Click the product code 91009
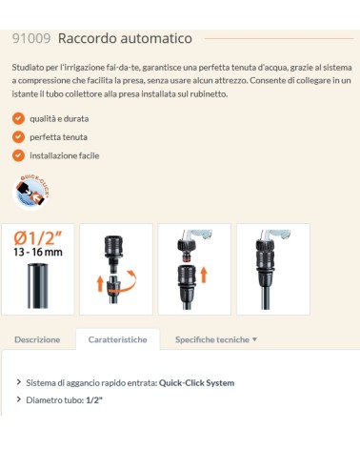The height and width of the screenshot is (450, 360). [x=31, y=38]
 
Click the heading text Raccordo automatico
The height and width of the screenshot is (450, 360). [x=125, y=38]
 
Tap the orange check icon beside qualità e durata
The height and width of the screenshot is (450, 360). [x=18, y=118]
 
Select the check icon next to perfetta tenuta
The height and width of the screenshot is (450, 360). [x=18, y=136]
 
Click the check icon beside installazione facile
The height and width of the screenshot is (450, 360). [x=18, y=154]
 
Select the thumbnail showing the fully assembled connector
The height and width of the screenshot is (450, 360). [x=272, y=269]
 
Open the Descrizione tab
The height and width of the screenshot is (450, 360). [x=37, y=338]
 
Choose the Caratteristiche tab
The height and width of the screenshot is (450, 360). [x=117, y=338]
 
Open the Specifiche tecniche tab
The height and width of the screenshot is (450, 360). [x=211, y=338]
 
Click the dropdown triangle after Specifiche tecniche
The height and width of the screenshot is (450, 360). [x=254, y=339]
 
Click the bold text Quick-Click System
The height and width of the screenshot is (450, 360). [x=196, y=382]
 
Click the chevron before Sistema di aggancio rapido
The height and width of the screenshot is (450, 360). [x=19, y=382]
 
